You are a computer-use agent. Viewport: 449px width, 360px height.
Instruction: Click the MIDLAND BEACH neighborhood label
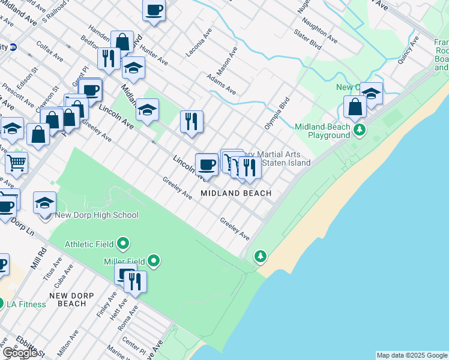pos(236,193)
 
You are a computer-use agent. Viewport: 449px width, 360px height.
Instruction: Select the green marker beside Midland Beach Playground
pos(360,130)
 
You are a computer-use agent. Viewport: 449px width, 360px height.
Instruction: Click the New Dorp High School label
pos(97,215)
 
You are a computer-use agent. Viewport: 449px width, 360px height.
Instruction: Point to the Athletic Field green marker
pos(123,244)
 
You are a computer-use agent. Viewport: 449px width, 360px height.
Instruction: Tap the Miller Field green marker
pos(154,260)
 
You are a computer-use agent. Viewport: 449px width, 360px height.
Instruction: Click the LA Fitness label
pos(26,304)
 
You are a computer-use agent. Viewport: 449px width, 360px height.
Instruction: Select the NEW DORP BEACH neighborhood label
pos(71,299)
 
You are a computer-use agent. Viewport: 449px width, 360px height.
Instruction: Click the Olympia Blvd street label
pos(277,113)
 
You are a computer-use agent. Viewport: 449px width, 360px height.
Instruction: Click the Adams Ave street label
pos(221,85)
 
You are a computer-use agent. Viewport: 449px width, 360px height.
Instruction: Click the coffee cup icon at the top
pos(154,10)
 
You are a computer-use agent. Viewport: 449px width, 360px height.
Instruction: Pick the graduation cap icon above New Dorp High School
pos(44,203)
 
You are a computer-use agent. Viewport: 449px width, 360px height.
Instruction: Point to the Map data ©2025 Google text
pos(412,355)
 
